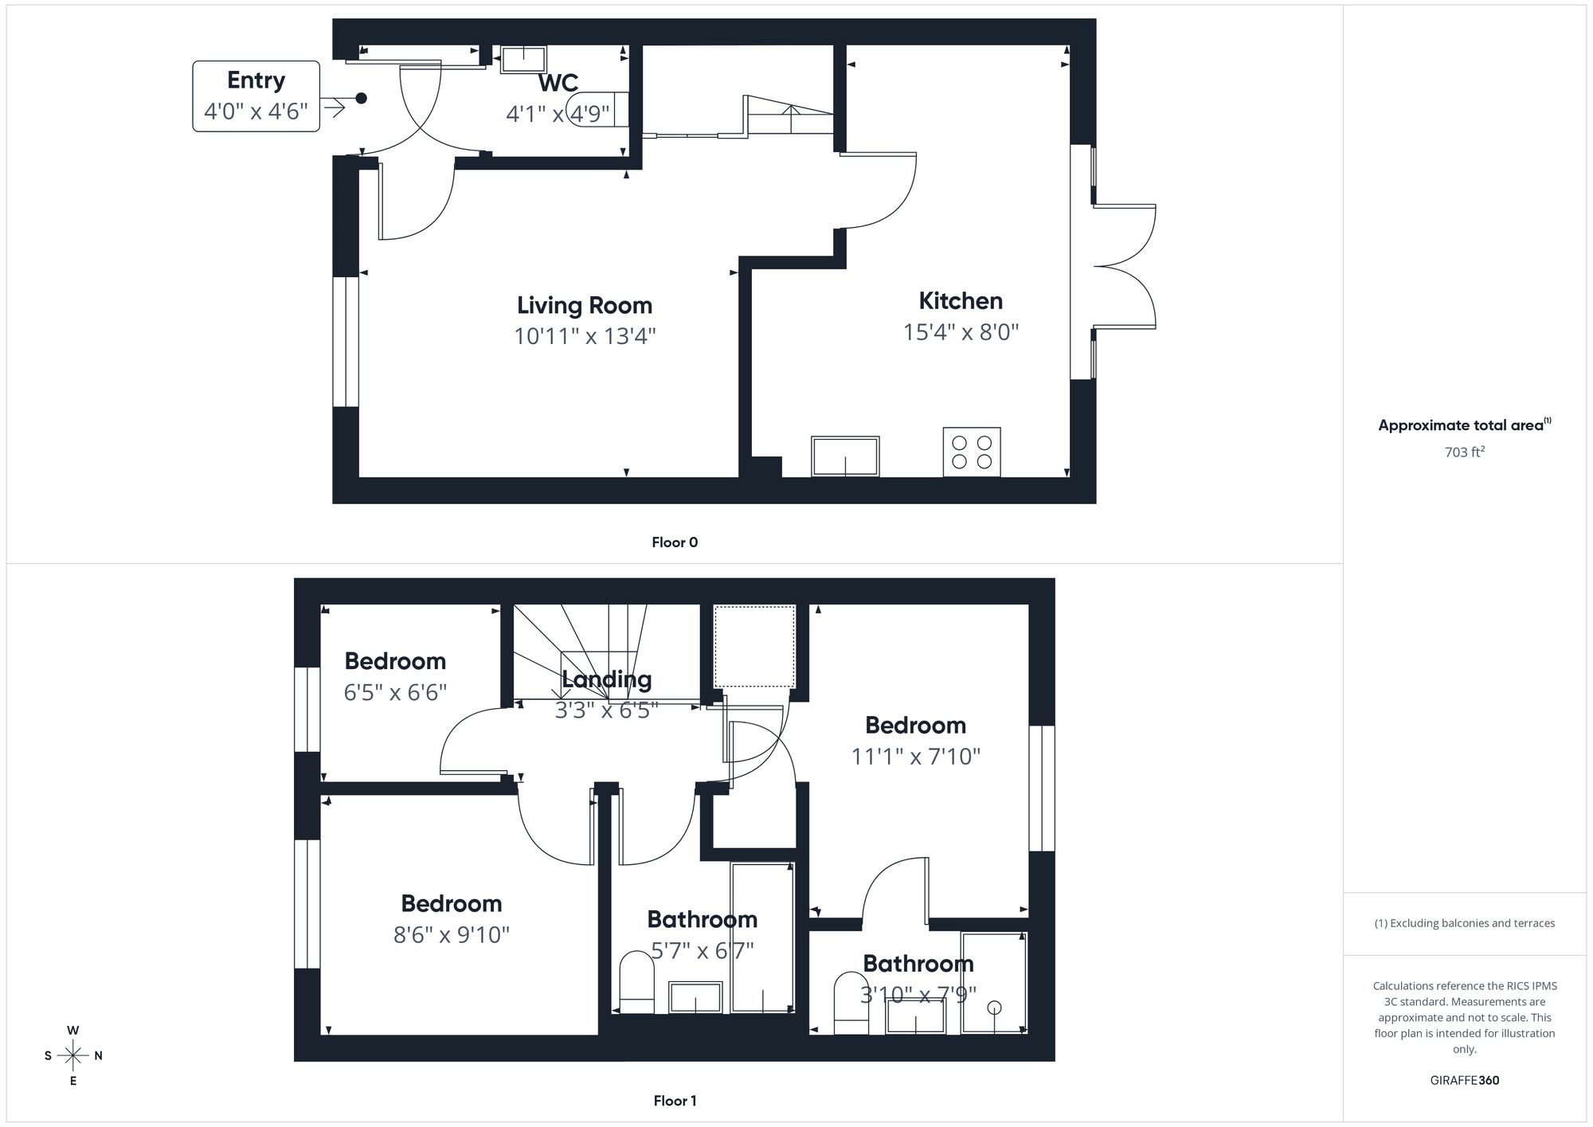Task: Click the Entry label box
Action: click(x=256, y=96)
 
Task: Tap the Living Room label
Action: click(x=584, y=305)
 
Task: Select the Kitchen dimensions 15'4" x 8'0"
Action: click(x=961, y=331)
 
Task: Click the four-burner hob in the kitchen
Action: click(x=972, y=452)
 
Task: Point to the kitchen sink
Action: click(x=845, y=456)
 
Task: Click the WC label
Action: click(x=558, y=83)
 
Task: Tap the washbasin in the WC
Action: click(x=523, y=59)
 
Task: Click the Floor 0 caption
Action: click(x=675, y=542)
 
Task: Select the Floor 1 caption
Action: click(x=675, y=1101)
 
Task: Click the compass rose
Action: click(x=73, y=1056)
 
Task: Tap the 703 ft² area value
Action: click(x=1464, y=452)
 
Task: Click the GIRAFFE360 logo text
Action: click(x=1464, y=1080)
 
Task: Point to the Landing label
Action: click(x=606, y=679)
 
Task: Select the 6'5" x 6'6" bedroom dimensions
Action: click(x=395, y=692)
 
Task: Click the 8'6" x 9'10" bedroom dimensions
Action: click(x=451, y=934)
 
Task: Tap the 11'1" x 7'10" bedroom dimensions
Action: click(x=915, y=756)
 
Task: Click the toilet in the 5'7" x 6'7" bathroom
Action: click(x=636, y=981)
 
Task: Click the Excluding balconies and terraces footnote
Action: click(x=1464, y=923)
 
